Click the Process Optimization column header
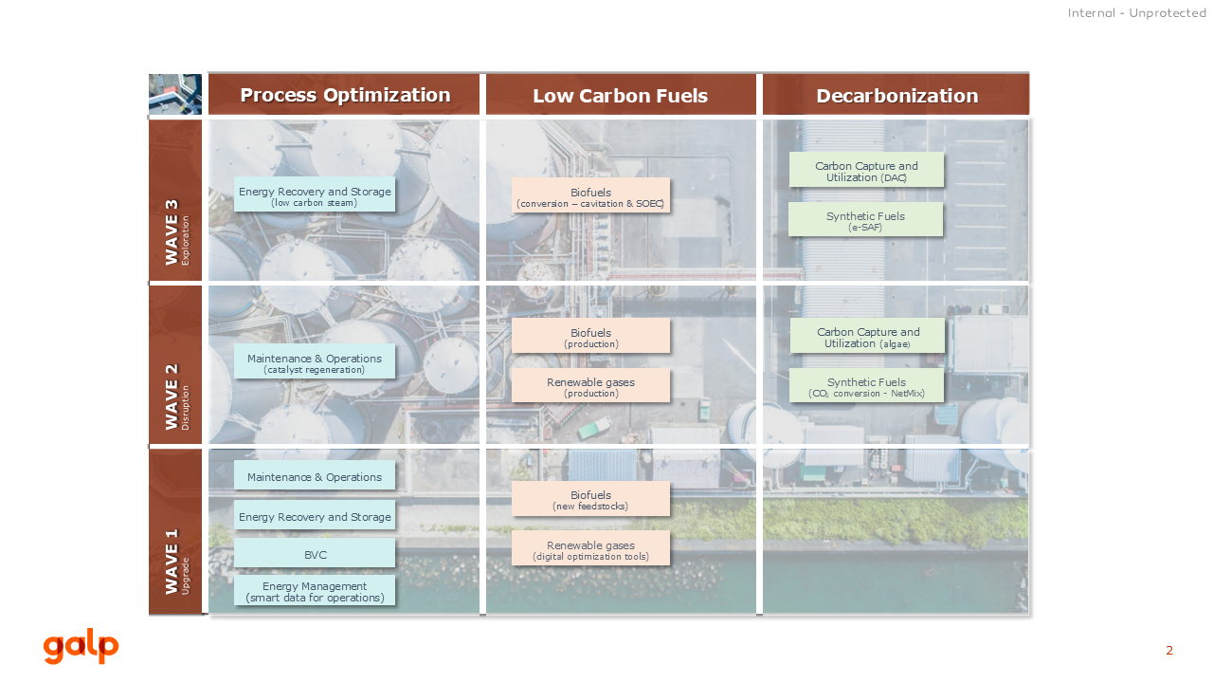click(344, 94)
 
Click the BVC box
click(315, 553)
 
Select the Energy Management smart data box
click(315, 591)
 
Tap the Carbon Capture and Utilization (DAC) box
click(866, 170)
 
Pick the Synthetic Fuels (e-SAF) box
click(865, 219)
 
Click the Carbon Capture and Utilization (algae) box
click(867, 336)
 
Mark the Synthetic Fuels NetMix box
click(866, 386)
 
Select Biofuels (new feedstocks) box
click(590, 499)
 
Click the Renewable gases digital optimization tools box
click(590, 548)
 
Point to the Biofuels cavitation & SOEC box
click(590, 195)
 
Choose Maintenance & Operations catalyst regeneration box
click(315, 361)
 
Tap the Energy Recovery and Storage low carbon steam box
click(315, 194)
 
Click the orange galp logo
click(81, 646)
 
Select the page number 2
click(1169, 651)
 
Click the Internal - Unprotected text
click(1136, 13)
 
